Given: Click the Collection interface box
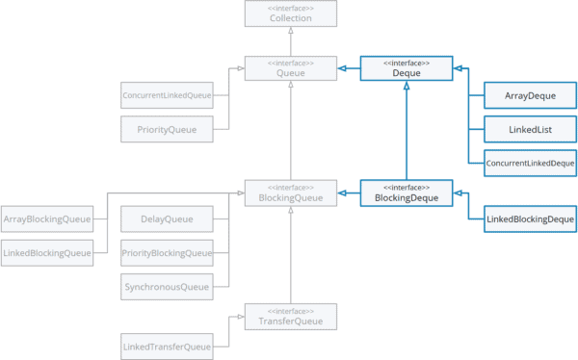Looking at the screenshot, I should click(x=290, y=13).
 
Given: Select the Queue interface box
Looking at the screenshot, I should click(x=290, y=68).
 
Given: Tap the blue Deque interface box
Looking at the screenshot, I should click(x=407, y=68).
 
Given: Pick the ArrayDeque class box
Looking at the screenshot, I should click(x=529, y=96).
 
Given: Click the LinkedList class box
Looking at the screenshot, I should click(x=529, y=128).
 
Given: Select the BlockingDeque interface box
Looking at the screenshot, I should click(x=407, y=193).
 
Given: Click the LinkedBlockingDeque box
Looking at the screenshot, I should click(x=529, y=220).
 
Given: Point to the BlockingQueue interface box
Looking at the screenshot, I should click(x=290, y=193).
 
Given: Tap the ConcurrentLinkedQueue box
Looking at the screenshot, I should click(x=166, y=96).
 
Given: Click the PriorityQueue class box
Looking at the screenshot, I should click(x=166, y=128).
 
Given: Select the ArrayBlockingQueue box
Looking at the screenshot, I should click(x=47, y=220).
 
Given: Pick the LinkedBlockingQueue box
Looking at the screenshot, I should click(x=47, y=253).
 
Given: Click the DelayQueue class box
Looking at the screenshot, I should click(x=166, y=220).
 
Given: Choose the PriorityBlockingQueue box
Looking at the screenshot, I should click(x=166, y=253).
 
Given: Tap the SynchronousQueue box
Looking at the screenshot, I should click(x=166, y=286).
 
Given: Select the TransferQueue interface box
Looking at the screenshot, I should click(x=290, y=316).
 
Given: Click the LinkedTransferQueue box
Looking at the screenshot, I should click(x=166, y=345).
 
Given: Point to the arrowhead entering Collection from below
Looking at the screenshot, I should click(x=290, y=31).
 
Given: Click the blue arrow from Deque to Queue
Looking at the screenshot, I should click(x=349, y=68).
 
